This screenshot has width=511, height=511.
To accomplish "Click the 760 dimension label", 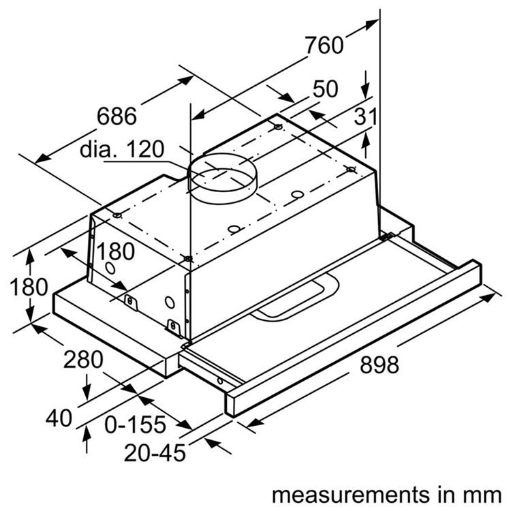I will [x=324, y=46].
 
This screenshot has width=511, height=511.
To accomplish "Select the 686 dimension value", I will [x=117, y=116].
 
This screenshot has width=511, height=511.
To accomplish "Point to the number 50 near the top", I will [x=326, y=89].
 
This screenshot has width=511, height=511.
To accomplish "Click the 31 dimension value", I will [x=366, y=117].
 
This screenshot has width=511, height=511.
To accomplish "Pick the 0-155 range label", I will [x=136, y=424].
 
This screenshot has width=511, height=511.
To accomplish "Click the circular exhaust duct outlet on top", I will [x=223, y=179].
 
